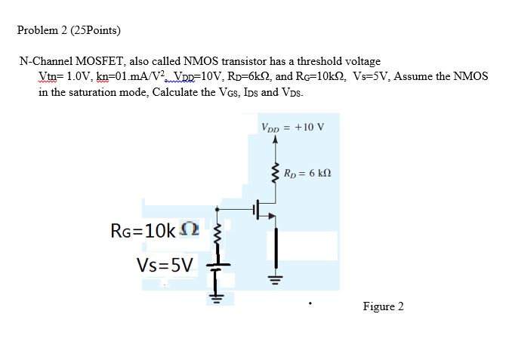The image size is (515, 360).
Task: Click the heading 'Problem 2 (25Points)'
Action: [x=69, y=31]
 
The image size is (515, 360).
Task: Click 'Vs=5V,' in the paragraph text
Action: [x=372, y=76]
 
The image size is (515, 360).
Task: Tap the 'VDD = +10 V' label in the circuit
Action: [x=292, y=126]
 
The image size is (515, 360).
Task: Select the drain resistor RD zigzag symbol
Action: [x=275, y=174]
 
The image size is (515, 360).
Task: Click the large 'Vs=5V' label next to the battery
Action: [x=165, y=264]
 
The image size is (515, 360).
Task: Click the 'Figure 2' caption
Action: [x=383, y=306]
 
